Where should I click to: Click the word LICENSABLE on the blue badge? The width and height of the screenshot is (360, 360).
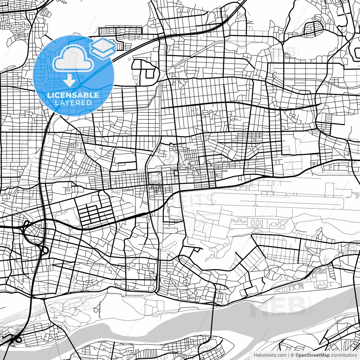click(73, 95)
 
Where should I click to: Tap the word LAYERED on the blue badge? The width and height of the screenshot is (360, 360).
click(73, 103)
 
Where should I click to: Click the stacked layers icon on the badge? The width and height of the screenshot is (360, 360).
click(103, 47)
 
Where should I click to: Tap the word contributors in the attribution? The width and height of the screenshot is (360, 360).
click(344, 355)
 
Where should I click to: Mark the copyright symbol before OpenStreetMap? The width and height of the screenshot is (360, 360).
click(292, 355)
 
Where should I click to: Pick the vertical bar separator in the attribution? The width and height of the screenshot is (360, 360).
click(289, 355)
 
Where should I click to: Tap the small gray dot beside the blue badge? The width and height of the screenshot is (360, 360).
click(129, 59)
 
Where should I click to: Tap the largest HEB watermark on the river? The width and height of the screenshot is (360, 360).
click(278, 305)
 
